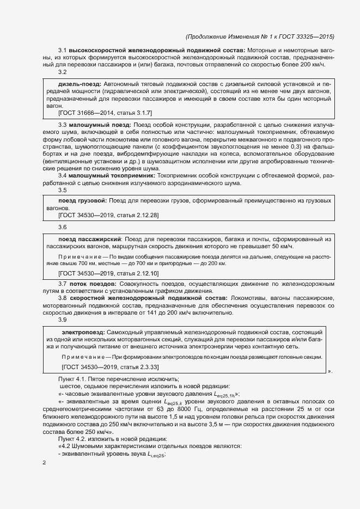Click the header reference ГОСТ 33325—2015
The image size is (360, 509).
point(304,37)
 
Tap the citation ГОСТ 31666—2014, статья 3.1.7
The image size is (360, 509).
point(105,113)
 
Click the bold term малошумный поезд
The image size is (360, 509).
point(96,125)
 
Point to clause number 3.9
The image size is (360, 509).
point(63,320)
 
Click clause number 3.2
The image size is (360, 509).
point(63,72)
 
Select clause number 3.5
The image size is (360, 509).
point(63,190)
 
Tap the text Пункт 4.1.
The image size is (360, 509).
point(74,378)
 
